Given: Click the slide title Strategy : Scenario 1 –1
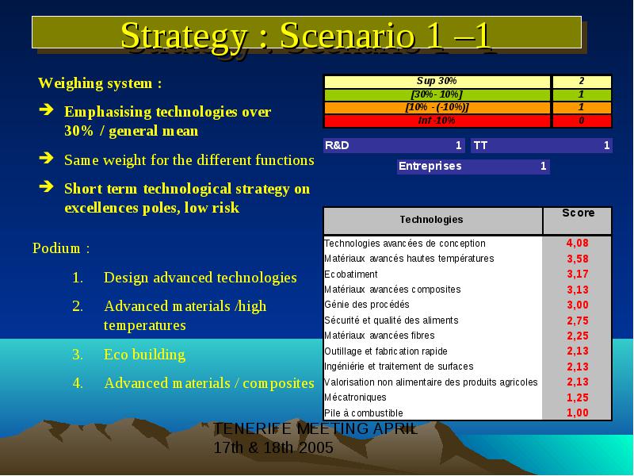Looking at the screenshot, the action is [x=306, y=36].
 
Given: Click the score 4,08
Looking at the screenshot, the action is [x=578, y=244].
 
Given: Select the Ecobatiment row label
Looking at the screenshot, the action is [x=350, y=274].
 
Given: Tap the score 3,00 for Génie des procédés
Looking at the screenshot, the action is [x=578, y=305].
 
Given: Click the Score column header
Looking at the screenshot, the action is [x=579, y=213].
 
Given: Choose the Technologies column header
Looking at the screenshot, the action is [x=431, y=220].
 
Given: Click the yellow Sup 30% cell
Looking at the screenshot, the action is [x=437, y=82].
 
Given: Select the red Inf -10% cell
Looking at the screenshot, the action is [x=437, y=121].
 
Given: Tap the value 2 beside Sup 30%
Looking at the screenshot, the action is [x=582, y=82].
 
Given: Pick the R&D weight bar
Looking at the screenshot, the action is [x=394, y=145].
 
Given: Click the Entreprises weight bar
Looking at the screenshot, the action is [x=473, y=167].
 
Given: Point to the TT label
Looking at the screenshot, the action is [x=480, y=145].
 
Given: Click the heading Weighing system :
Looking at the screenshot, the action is [x=100, y=83].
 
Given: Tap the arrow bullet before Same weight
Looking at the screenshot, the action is [x=46, y=158].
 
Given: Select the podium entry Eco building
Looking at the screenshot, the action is [x=144, y=355].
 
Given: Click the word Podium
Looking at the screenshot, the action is [x=56, y=248].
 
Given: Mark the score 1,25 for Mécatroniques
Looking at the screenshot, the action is [x=578, y=397].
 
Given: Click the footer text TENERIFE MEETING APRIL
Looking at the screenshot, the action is [x=315, y=428].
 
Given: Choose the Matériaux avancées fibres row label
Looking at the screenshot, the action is [x=380, y=336].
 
